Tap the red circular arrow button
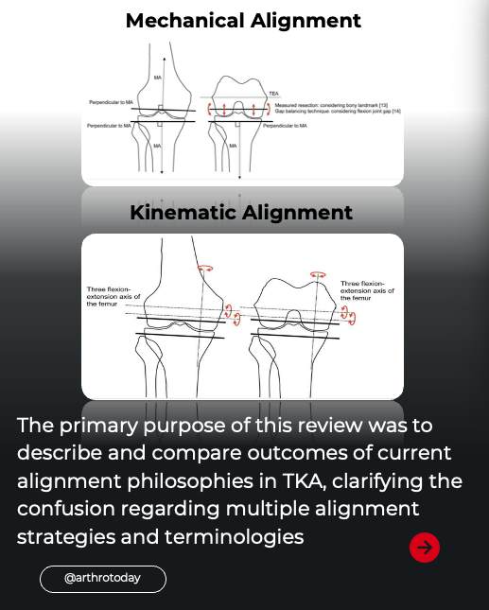point(425,547)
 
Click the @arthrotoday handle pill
point(102,578)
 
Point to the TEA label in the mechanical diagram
point(273,94)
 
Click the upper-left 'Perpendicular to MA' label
point(111,101)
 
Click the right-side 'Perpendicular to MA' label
point(290,125)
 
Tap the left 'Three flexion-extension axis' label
point(108,296)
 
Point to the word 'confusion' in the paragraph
point(64,510)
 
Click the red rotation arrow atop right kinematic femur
point(318,275)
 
